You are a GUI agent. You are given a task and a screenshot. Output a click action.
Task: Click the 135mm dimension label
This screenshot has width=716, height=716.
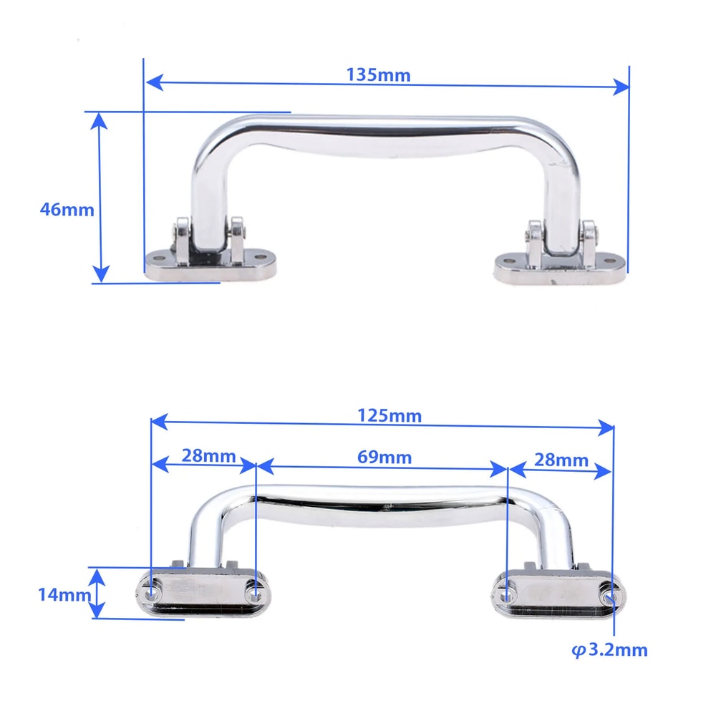378,74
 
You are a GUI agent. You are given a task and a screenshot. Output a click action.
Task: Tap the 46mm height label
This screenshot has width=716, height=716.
67,210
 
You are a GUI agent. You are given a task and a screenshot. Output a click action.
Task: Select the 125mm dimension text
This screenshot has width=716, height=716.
389,416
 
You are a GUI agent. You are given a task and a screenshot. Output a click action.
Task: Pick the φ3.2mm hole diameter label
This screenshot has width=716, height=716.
609,650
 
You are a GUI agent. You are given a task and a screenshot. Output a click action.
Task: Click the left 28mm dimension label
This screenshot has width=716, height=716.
201,456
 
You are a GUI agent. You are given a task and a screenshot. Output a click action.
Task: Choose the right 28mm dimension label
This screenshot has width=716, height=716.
561,460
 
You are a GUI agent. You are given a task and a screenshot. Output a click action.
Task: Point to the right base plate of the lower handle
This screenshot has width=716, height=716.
558,596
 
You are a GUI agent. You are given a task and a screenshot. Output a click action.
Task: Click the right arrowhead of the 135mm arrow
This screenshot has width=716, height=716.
621,87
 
